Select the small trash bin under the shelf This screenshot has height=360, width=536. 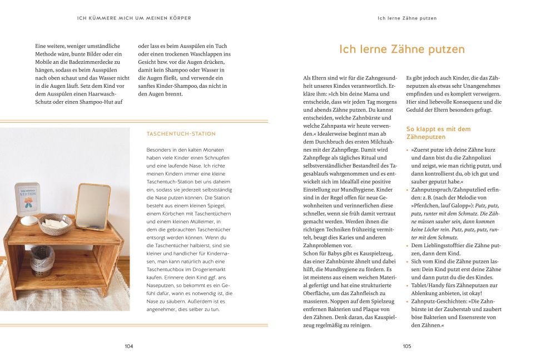point(42,260)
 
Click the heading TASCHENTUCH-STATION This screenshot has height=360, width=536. point(181,134)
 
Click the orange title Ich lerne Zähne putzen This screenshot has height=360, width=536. point(401,49)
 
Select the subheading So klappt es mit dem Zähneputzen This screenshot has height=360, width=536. point(439,133)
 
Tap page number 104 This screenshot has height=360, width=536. point(129,346)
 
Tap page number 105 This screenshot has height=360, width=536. point(406,346)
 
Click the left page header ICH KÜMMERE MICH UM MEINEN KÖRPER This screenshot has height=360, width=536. point(134,18)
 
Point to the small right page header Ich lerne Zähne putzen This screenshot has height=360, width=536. point(407,18)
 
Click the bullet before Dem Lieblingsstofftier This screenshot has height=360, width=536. point(408,245)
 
